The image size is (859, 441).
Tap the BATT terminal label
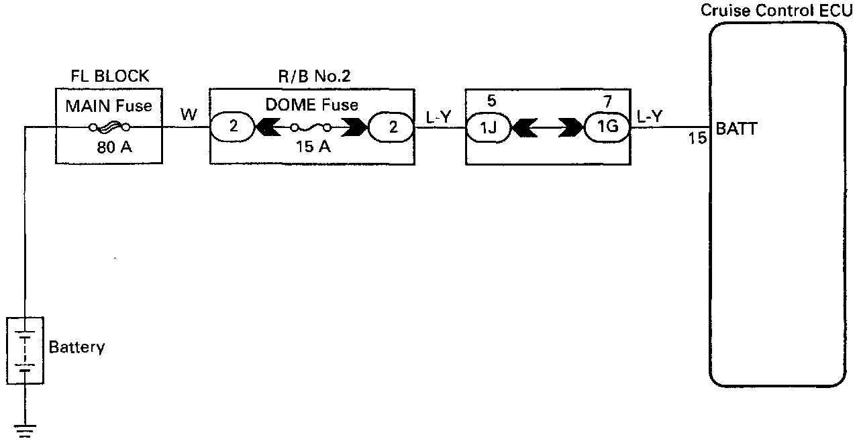[736, 129]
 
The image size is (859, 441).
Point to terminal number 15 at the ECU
[697, 139]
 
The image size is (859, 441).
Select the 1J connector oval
[489, 127]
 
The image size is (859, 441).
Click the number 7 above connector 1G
[607, 102]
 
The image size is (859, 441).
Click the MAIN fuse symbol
[109, 127]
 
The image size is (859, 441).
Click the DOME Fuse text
[311, 105]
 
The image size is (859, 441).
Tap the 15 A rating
[311, 147]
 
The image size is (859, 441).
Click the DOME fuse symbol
[311, 127]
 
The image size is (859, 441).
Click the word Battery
[77, 348]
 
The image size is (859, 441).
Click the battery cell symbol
[25, 351]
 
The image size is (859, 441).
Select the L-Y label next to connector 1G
[649, 116]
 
